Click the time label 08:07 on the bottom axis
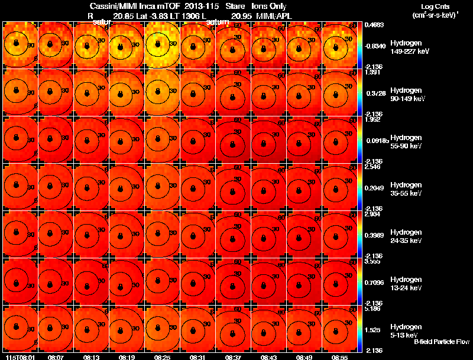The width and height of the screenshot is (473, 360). coord(56,357)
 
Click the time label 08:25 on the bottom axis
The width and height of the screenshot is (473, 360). coord(163,357)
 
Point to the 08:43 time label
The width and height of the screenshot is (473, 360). coord(269,357)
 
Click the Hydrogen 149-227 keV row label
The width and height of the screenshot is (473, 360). coord(407,47)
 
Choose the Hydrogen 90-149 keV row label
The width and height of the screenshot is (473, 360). coord(407,95)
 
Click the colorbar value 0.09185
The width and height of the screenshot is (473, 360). coord(375,141)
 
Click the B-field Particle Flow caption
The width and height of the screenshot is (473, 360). coord(441,342)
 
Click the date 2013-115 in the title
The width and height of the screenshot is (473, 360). coord(201,6)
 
